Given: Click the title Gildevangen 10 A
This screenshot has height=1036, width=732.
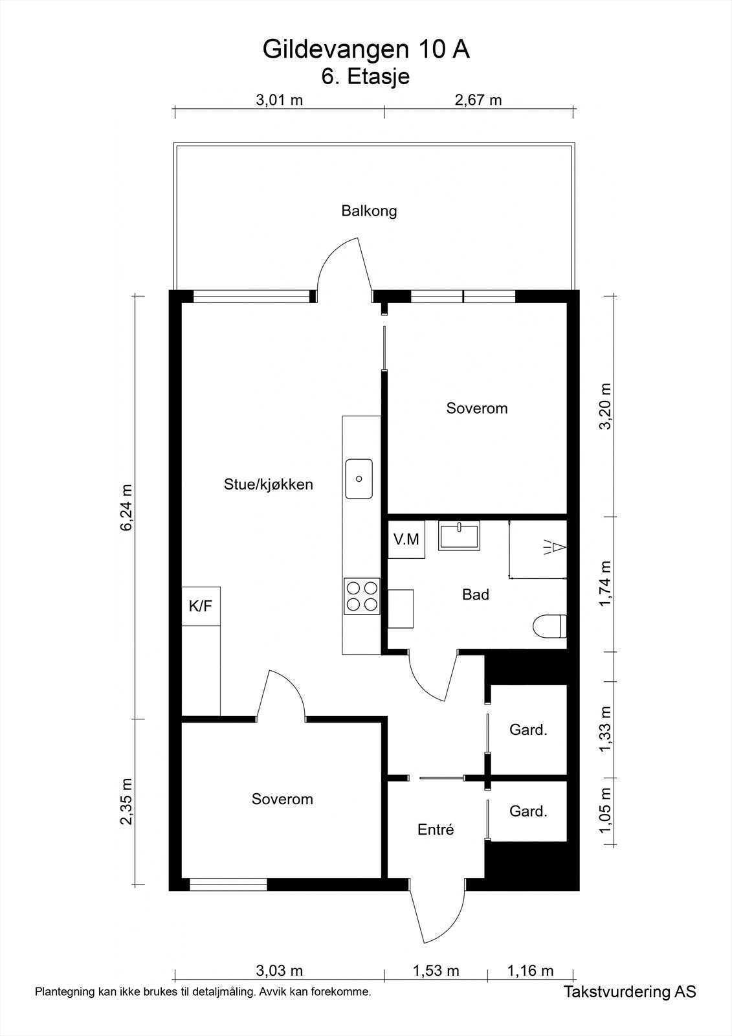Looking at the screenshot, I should pyautogui.click(x=366, y=50).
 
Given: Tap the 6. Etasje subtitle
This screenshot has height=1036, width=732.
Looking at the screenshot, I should pyautogui.click(x=366, y=77).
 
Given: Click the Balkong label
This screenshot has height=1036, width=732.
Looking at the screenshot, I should pyautogui.click(x=369, y=211).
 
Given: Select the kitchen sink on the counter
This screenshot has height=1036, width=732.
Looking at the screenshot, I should pyautogui.click(x=359, y=479).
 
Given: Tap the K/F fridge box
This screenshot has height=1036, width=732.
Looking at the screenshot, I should pyautogui.click(x=201, y=607).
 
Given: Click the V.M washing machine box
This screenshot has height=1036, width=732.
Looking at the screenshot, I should pyautogui.click(x=406, y=539).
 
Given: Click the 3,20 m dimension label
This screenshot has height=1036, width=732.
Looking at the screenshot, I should pyautogui.click(x=605, y=406).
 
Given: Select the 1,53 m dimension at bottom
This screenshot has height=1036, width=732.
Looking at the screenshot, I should pyautogui.click(x=436, y=971).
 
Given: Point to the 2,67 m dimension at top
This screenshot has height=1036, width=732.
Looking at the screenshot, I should pyautogui.click(x=478, y=100).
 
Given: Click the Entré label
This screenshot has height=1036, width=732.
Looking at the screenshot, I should pyautogui.click(x=436, y=829).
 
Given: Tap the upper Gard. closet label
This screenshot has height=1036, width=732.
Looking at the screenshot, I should pyautogui.click(x=528, y=730).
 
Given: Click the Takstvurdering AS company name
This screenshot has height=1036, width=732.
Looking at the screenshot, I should pyautogui.click(x=630, y=991).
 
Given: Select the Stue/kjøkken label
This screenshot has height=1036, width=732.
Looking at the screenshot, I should pyautogui.click(x=269, y=484).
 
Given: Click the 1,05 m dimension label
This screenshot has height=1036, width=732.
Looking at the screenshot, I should pyautogui.click(x=605, y=812).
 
